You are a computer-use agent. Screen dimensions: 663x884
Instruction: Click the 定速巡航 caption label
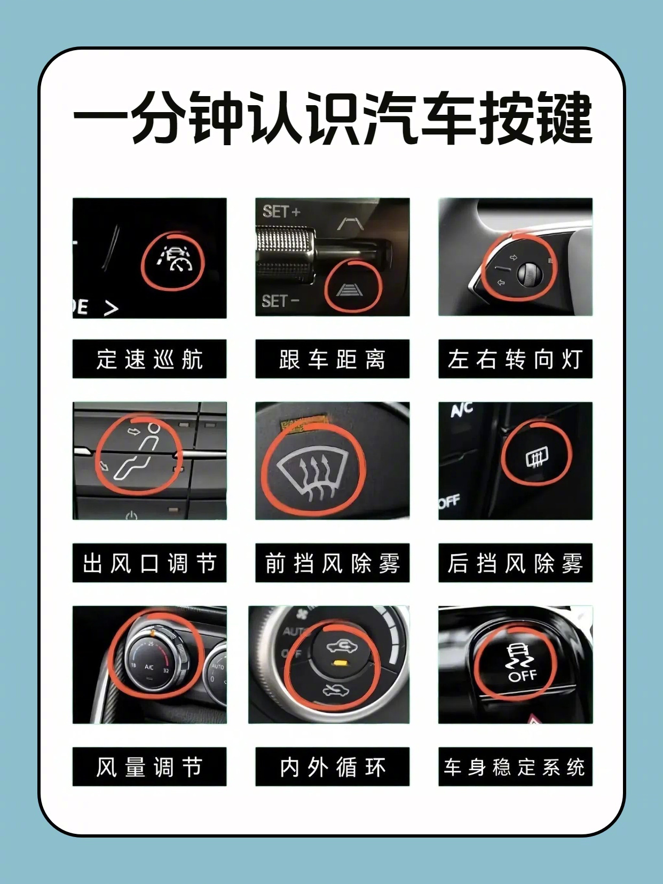coord(149,359)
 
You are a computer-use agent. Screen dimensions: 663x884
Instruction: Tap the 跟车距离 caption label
coord(332,359)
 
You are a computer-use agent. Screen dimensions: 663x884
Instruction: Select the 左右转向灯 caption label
coord(515,359)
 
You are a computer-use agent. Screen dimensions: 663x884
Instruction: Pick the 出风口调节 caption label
coord(149,563)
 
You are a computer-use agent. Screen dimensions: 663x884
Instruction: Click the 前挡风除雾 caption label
coord(332,563)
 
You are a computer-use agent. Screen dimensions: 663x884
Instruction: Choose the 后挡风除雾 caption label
coord(515,563)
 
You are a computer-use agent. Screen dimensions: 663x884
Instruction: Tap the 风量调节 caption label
coord(149,767)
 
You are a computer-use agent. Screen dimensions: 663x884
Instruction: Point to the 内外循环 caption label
coord(332,767)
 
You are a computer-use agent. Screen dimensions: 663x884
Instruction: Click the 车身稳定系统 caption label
coord(515,767)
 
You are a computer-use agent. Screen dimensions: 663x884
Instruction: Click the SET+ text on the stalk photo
coord(281,211)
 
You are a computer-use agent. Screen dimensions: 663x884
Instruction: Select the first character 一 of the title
coord(101,117)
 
